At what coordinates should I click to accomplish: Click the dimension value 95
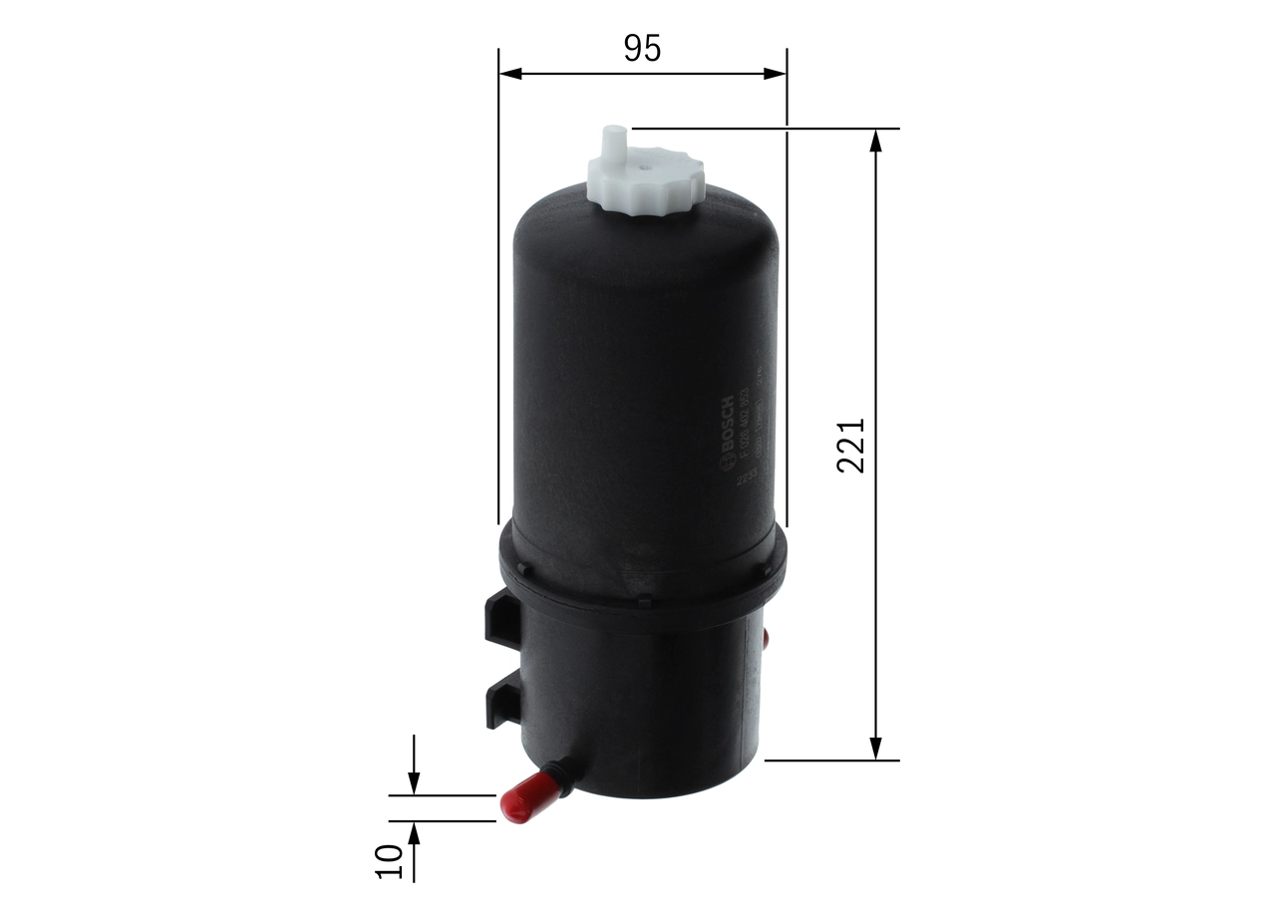tap(642, 48)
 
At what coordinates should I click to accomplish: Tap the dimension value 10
tap(389, 861)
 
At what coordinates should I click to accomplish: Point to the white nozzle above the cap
tap(613, 142)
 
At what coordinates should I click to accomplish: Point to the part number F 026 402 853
tap(743, 424)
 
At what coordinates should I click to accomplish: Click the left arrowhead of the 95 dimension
tap(509, 73)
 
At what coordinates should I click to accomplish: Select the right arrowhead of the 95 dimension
tap(776, 73)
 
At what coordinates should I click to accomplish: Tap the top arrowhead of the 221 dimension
tap(875, 141)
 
